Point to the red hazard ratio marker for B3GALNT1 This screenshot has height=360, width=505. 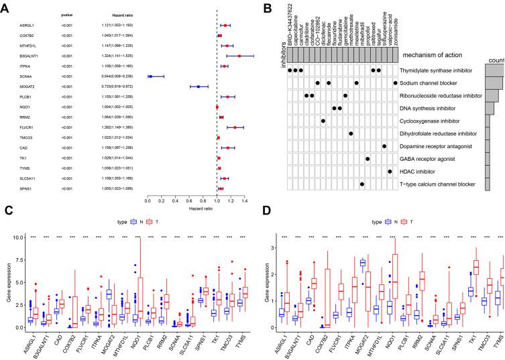click(x=239, y=56)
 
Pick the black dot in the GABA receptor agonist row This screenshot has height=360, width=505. click(x=368, y=159)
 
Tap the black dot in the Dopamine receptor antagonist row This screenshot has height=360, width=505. click(x=384, y=146)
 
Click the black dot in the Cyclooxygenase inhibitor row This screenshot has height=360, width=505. click(x=323, y=121)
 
